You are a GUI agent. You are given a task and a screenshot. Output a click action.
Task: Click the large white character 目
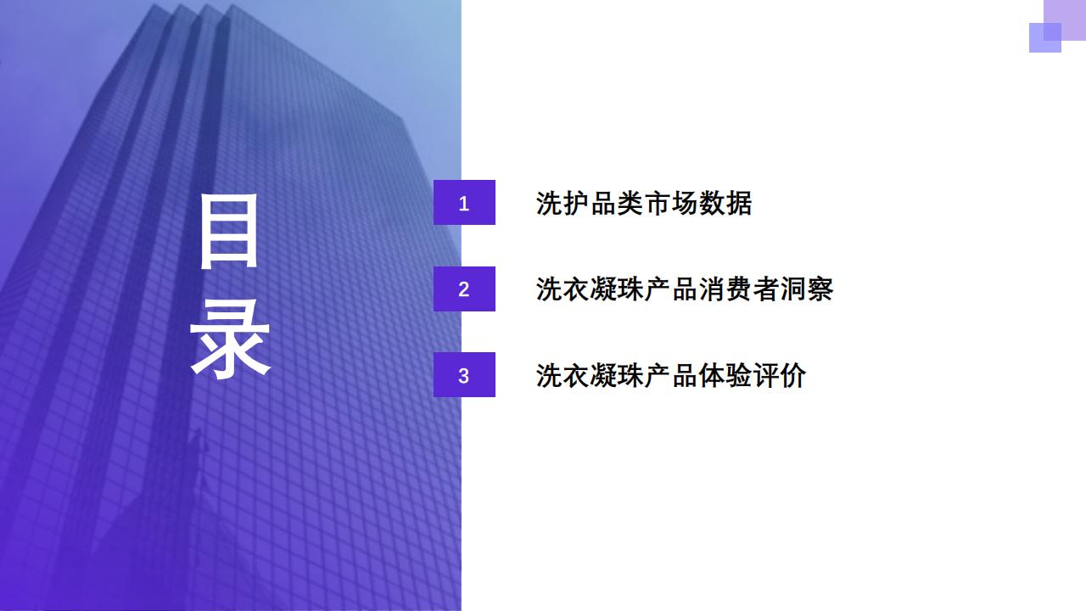click(x=229, y=231)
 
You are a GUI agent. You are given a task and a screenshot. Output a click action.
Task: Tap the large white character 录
click(x=230, y=338)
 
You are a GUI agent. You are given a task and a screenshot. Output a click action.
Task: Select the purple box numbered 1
click(x=464, y=202)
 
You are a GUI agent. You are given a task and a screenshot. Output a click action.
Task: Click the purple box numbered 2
click(x=464, y=289)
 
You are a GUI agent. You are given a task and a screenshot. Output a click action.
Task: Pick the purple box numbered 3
click(x=464, y=375)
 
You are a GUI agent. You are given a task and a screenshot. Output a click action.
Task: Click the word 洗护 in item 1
click(x=563, y=203)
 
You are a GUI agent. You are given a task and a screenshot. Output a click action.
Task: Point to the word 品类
click(x=617, y=203)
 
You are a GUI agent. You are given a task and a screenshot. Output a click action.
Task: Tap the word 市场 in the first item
click(x=671, y=203)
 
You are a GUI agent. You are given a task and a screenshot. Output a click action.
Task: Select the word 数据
click(x=725, y=203)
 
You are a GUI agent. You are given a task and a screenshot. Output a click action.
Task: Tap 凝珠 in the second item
click(x=617, y=289)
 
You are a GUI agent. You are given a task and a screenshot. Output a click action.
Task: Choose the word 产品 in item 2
click(x=671, y=289)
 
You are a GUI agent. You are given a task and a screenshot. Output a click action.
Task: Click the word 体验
click(x=725, y=375)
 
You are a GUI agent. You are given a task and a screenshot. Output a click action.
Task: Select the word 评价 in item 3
click(x=780, y=375)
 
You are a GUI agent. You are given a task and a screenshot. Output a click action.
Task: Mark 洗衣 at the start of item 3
click(x=563, y=375)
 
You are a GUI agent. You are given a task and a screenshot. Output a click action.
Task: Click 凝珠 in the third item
click(x=617, y=375)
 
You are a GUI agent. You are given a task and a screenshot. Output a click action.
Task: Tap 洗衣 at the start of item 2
click(x=563, y=289)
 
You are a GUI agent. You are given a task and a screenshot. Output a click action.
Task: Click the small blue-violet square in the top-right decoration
click(x=1045, y=37)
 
